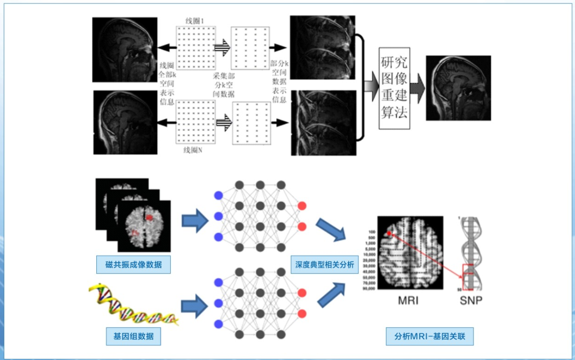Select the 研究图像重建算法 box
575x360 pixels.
click(394, 88)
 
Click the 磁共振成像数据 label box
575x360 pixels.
click(134, 265)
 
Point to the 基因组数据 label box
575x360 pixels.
click(133, 336)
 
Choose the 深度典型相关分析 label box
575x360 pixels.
click(325, 265)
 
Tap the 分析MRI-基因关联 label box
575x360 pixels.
click(429, 336)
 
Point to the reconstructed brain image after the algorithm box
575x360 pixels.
click(458, 88)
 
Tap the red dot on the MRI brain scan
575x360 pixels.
click(389, 234)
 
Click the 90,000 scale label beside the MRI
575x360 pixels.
click(369, 288)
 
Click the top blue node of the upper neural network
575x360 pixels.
click(219, 195)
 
